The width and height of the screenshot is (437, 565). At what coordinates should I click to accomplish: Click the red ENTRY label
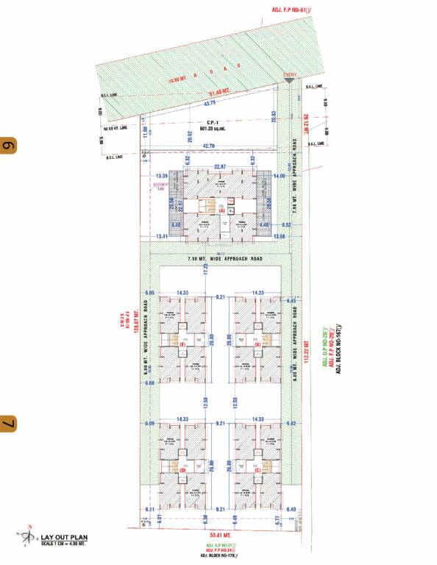290,74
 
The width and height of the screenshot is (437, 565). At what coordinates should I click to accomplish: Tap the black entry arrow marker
291,82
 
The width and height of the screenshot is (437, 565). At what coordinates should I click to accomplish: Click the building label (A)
221,210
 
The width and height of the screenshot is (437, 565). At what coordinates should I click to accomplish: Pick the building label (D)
182,469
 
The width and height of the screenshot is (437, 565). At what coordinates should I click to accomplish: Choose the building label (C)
257,469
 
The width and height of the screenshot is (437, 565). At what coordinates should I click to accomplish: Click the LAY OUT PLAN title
64,538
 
